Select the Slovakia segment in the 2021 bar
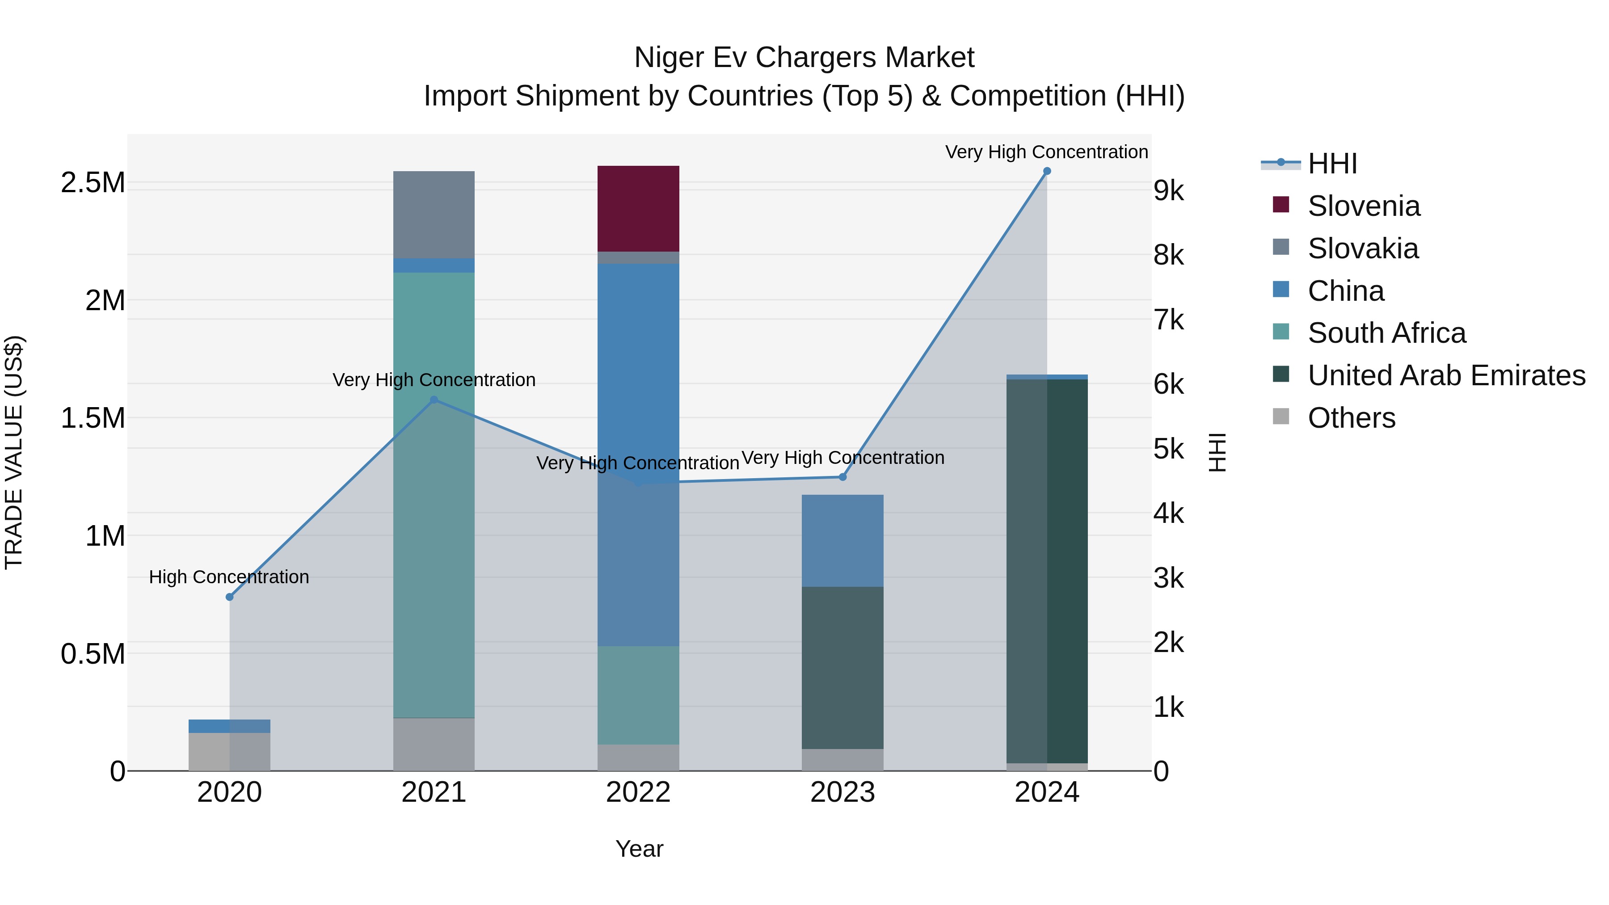pyautogui.click(x=434, y=214)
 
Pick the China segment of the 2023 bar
pyautogui.click(x=842, y=540)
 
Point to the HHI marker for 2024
pyautogui.click(x=1047, y=171)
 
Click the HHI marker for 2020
pyautogui.click(x=229, y=597)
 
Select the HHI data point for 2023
pyautogui.click(x=842, y=477)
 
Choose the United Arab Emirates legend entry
pyautogui.click(x=1445, y=375)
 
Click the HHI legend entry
pyautogui.click(x=1332, y=164)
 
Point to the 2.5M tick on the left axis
pyautogui.click(x=93, y=183)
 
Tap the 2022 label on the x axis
pyautogui.click(x=638, y=792)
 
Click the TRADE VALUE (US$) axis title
pyautogui.click(x=14, y=452)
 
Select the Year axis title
pyautogui.click(x=639, y=849)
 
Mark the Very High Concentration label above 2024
pyautogui.click(x=1046, y=152)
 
